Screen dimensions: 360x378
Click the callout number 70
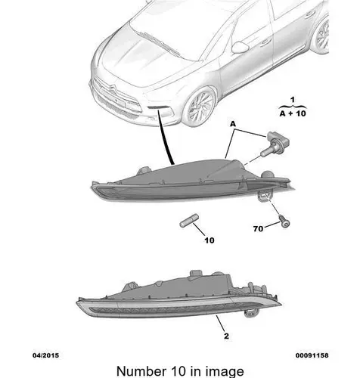pyautogui.click(x=258, y=229)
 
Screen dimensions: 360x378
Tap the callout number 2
pyautogui.click(x=226, y=336)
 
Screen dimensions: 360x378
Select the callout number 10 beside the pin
pyautogui.click(x=209, y=240)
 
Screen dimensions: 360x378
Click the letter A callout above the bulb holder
pyautogui.click(x=233, y=124)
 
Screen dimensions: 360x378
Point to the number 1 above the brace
pyautogui.click(x=293, y=100)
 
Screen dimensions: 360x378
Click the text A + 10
pyautogui.click(x=293, y=113)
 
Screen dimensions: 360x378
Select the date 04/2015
pyautogui.click(x=45, y=355)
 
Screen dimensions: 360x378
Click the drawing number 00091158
pyautogui.click(x=312, y=355)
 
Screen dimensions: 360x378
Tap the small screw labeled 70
pyautogui.click(x=284, y=221)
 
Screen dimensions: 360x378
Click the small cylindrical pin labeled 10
pyautogui.click(x=189, y=221)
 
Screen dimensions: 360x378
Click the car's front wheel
pyautogui.click(x=200, y=107)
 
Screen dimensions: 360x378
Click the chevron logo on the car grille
pyautogui.click(x=113, y=91)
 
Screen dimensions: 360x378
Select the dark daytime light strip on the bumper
pyautogui.click(x=157, y=107)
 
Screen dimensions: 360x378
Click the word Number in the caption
pyautogui.click(x=141, y=371)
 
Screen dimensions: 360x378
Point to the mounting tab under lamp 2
pyautogui.click(x=251, y=313)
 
